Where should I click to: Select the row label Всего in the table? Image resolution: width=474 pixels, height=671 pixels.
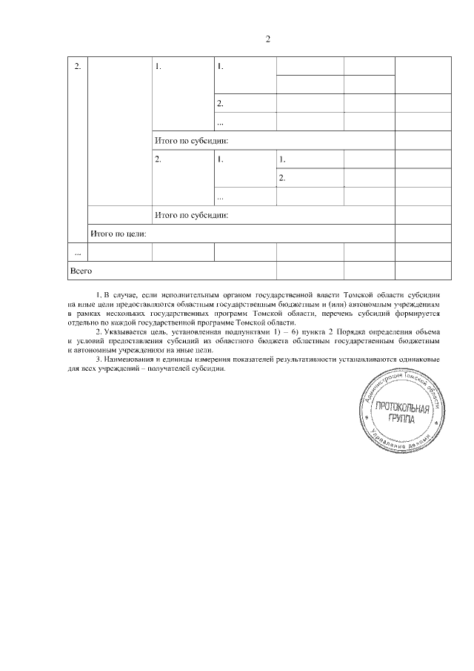(x=80, y=271)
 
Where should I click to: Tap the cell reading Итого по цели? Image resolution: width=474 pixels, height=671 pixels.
(x=118, y=234)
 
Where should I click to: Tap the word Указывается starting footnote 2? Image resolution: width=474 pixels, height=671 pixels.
(x=123, y=332)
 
